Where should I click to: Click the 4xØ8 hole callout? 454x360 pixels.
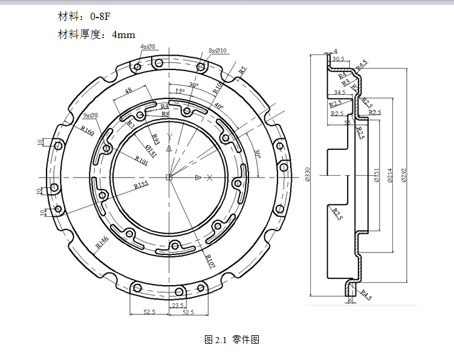(x=148, y=47)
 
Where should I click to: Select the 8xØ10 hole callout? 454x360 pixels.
(x=217, y=51)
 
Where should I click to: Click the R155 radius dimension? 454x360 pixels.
(x=141, y=185)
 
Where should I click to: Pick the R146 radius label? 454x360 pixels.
(x=102, y=242)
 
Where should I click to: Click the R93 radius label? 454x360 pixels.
(x=155, y=140)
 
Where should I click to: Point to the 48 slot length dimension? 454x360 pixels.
(x=128, y=91)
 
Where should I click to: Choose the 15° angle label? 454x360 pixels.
(x=180, y=92)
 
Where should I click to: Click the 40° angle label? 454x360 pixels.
(x=218, y=107)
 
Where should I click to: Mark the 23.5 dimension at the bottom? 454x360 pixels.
(x=178, y=306)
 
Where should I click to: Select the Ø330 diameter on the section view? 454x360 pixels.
(x=306, y=175)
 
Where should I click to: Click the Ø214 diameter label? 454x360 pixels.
(x=390, y=175)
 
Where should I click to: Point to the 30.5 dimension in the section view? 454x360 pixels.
(x=338, y=59)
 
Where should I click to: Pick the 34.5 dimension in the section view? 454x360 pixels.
(x=339, y=92)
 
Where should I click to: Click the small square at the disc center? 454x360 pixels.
(x=170, y=177)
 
